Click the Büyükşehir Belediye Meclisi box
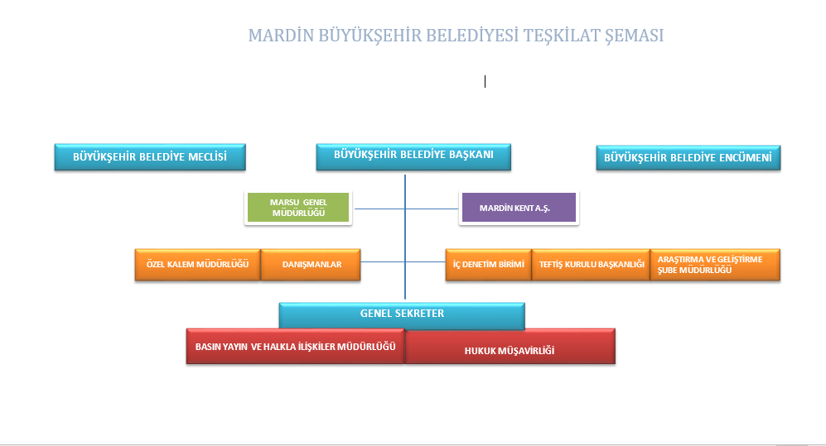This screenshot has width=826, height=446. [150, 156]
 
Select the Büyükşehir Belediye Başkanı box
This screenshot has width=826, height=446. [413, 156]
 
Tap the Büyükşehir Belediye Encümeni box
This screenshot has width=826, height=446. [688, 158]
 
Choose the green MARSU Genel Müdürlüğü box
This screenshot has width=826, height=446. [298, 208]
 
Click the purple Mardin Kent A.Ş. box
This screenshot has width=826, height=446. [519, 208]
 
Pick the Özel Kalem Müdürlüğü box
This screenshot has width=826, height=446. [197, 265]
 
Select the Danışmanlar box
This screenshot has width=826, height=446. [311, 265]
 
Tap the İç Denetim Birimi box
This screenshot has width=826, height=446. [488, 265]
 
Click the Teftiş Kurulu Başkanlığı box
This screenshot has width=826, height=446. [591, 265]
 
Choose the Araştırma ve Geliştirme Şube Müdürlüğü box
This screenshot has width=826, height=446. [715, 265]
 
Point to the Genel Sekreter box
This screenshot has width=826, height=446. [402, 315]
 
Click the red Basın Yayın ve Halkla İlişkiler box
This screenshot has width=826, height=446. [295, 346]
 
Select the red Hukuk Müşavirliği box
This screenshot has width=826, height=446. [510, 348]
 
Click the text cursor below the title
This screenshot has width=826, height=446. [485, 82]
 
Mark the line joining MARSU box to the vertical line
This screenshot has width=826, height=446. [379, 209]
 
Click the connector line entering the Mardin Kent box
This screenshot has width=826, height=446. [432, 209]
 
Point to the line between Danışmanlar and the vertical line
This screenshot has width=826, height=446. [383, 262]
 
